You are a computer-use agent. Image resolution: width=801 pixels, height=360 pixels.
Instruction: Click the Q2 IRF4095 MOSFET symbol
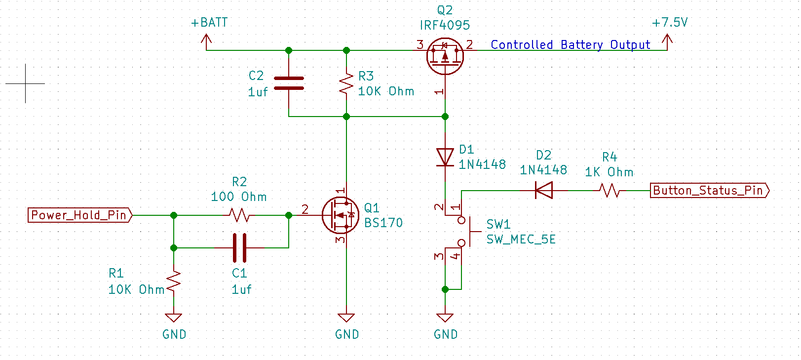445,56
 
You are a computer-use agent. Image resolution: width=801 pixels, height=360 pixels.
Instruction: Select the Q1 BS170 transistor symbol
340,215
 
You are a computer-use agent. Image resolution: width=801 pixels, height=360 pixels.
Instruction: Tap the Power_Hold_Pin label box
79,215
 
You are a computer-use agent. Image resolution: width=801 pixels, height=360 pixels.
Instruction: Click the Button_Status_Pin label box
709,191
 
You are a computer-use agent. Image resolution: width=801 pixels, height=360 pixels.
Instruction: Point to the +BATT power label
209,23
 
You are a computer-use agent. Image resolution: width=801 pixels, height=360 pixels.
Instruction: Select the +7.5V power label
670,23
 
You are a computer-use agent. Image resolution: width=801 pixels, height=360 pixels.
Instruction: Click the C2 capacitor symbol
289,83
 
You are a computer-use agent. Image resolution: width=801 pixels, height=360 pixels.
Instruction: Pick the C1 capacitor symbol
239,248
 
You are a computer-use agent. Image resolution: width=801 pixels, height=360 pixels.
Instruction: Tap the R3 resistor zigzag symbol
346,84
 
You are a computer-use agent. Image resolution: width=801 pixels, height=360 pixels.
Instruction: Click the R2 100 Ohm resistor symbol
239,215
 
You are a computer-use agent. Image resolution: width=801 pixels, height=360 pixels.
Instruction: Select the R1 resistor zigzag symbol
174,282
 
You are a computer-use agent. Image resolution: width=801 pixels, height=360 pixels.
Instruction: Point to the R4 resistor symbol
610,191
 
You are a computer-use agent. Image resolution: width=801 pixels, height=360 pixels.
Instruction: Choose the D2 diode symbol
544,191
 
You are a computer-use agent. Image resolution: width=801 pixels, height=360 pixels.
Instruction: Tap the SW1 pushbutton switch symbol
464,231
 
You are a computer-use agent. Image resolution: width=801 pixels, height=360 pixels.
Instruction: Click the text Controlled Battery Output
570,45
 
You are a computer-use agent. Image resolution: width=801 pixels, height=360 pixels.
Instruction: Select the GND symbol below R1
174,318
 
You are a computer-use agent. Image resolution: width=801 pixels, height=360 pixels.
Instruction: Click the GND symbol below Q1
346,318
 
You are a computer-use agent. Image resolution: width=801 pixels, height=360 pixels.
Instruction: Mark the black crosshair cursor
26,83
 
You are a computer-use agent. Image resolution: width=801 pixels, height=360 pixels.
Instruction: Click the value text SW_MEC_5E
521,240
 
